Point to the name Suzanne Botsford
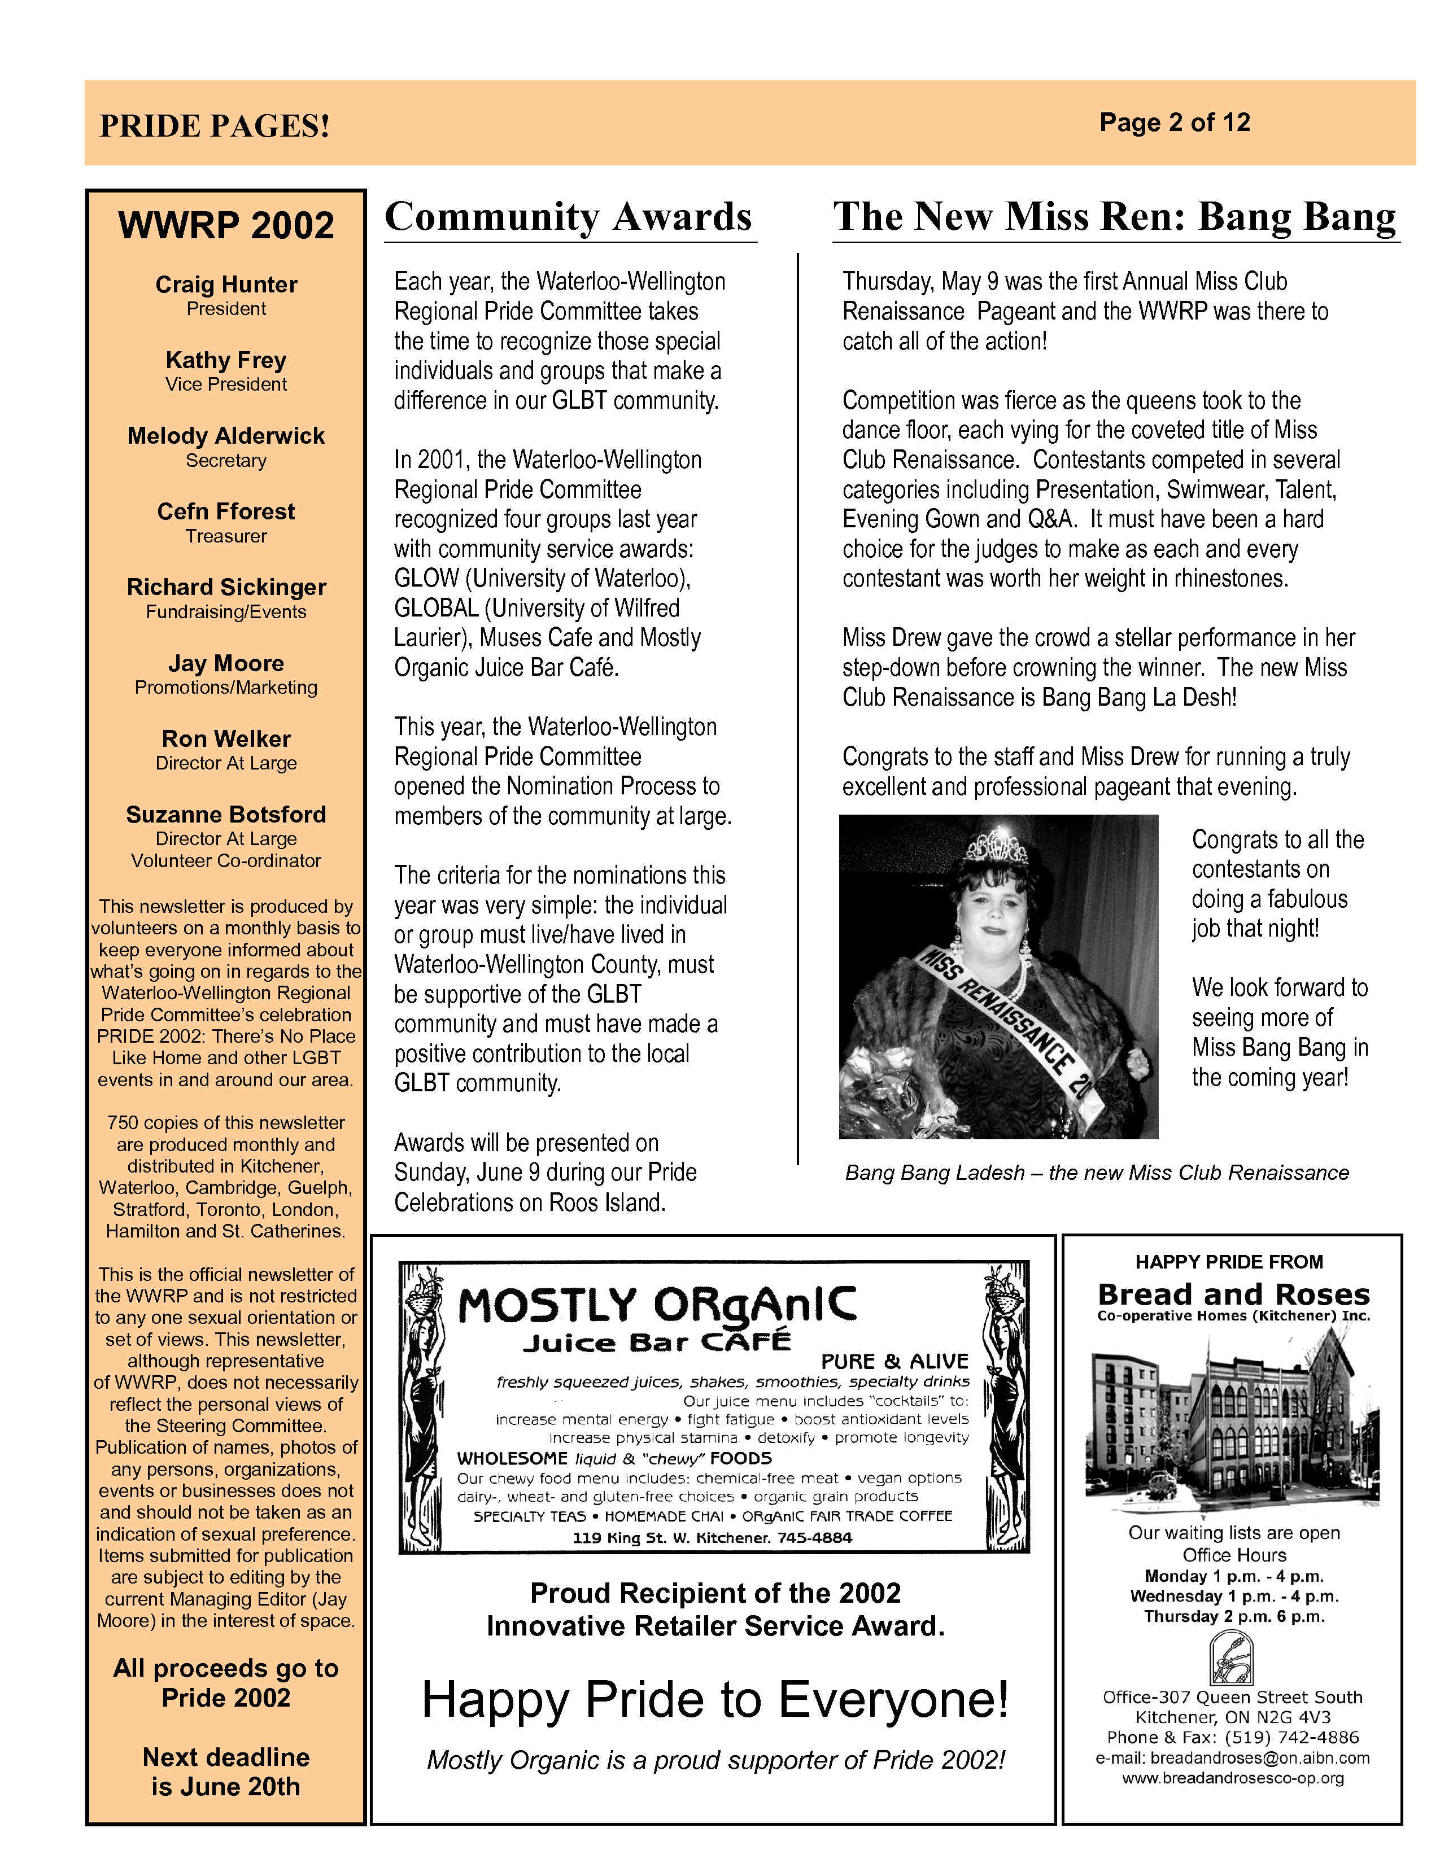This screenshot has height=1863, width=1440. pyautogui.click(x=226, y=815)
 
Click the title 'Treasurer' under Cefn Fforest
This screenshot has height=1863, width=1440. pyautogui.click(x=226, y=536)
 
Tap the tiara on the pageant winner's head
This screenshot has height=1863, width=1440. pyautogui.click(x=994, y=846)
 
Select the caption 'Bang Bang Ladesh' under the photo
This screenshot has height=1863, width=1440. pyautogui.click(x=934, y=1173)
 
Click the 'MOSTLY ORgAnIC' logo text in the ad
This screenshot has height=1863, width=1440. pyautogui.click(x=657, y=1306)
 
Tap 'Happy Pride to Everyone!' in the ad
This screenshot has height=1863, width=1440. pyautogui.click(x=715, y=1699)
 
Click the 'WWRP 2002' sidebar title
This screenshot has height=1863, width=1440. pyautogui.click(x=226, y=226)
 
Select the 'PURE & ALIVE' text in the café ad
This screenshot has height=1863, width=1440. pyautogui.click(x=894, y=1362)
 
